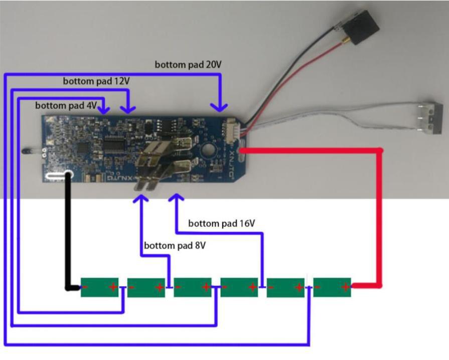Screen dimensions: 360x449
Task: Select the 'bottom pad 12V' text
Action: [x=96, y=80]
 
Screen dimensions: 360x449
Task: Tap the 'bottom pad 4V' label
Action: [x=66, y=105]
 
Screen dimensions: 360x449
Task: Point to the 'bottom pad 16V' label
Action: [x=221, y=223]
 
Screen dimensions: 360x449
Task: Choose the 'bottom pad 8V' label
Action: [x=175, y=246]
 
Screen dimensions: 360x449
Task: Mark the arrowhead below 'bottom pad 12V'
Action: [x=129, y=108]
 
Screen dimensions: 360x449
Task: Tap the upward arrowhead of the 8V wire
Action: [x=142, y=199]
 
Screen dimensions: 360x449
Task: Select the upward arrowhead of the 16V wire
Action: [x=175, y=199]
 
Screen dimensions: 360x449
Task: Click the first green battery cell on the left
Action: [x=100, y=287]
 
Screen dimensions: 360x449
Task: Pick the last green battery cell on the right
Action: [x=332, y=287]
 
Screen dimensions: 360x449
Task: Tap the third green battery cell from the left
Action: [x=193, y=287]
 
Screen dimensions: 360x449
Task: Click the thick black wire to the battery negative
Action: [x=68, y=236]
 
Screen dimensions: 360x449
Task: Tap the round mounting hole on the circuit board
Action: [x=207, y=150]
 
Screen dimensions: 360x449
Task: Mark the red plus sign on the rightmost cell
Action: [x=346, y=287]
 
